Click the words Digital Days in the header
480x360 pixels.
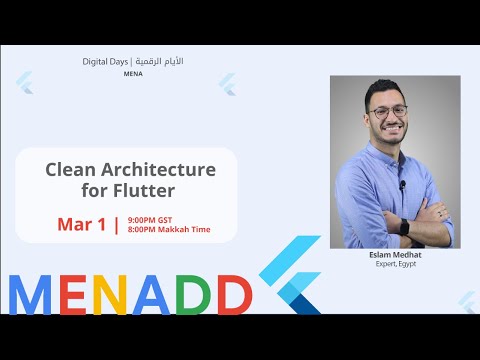click(108, 61)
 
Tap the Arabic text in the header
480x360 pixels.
click(161, 61)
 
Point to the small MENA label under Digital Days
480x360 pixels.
click(133, 73)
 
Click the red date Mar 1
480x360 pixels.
click(81, 224)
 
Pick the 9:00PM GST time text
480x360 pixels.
click(149, 218)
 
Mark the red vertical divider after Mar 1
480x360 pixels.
click(117, 224)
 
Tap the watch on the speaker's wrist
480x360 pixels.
click(404, 227)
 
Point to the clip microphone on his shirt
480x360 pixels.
click(402, 184)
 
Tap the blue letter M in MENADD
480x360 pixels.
click(35, 292)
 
